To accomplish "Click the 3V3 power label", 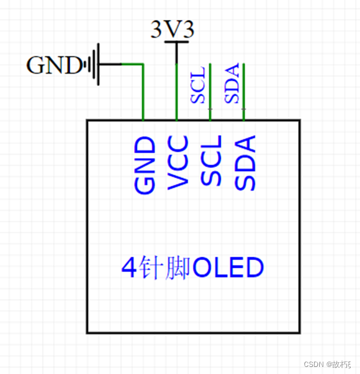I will click(x=172, y=29).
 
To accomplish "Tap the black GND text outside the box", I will click(x=53, y=65).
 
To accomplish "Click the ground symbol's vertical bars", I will click(x=93, y=64).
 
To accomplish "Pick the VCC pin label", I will click(x=178, y=163).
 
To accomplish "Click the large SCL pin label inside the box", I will click(x=211, y=160).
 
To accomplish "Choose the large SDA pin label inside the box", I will click(x=245, y=163).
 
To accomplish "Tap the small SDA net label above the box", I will click(x=232, y=83).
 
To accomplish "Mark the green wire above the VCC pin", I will click(x=176, y=94).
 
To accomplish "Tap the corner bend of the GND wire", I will click(x=143, y=64).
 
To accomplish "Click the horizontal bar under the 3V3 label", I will click(x=176, y=42).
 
